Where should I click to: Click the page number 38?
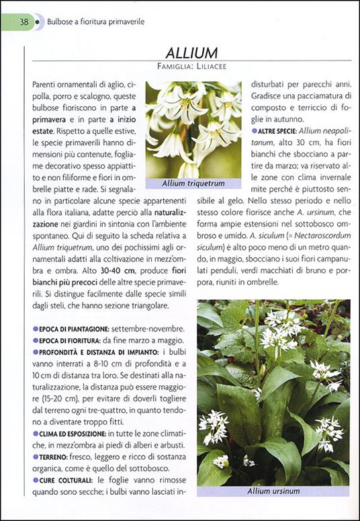[24, 22]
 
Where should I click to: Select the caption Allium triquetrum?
[193, 183]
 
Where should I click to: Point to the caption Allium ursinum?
[273, 491]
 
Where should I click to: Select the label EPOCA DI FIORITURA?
[70, 341]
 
